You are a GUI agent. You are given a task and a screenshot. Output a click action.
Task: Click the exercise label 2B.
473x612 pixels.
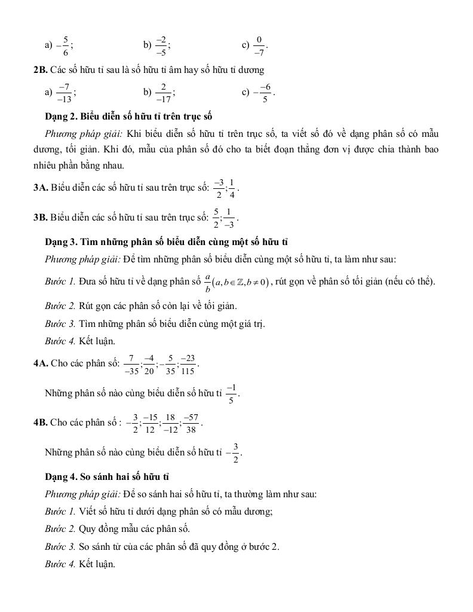point(41,70)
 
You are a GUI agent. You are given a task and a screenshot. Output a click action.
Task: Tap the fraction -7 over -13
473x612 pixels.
point(64,93)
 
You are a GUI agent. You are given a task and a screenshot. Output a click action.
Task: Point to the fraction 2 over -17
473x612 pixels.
point(162,93)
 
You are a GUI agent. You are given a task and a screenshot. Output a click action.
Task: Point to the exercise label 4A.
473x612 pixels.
point(41,363)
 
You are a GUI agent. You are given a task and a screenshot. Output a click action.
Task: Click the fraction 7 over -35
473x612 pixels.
point(131,363)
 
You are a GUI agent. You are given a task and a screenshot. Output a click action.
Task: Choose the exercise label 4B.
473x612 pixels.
point(41,423)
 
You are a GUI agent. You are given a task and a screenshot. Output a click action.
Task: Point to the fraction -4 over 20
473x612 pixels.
point(149,363)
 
